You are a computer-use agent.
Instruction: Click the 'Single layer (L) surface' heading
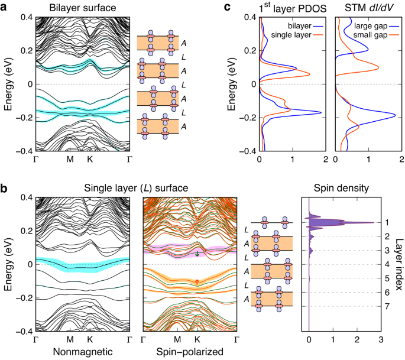click(x=135, y=188)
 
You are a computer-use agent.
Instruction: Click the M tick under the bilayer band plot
click(x=70, y=159)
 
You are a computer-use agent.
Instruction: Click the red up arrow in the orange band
click(x=197, y=281)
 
